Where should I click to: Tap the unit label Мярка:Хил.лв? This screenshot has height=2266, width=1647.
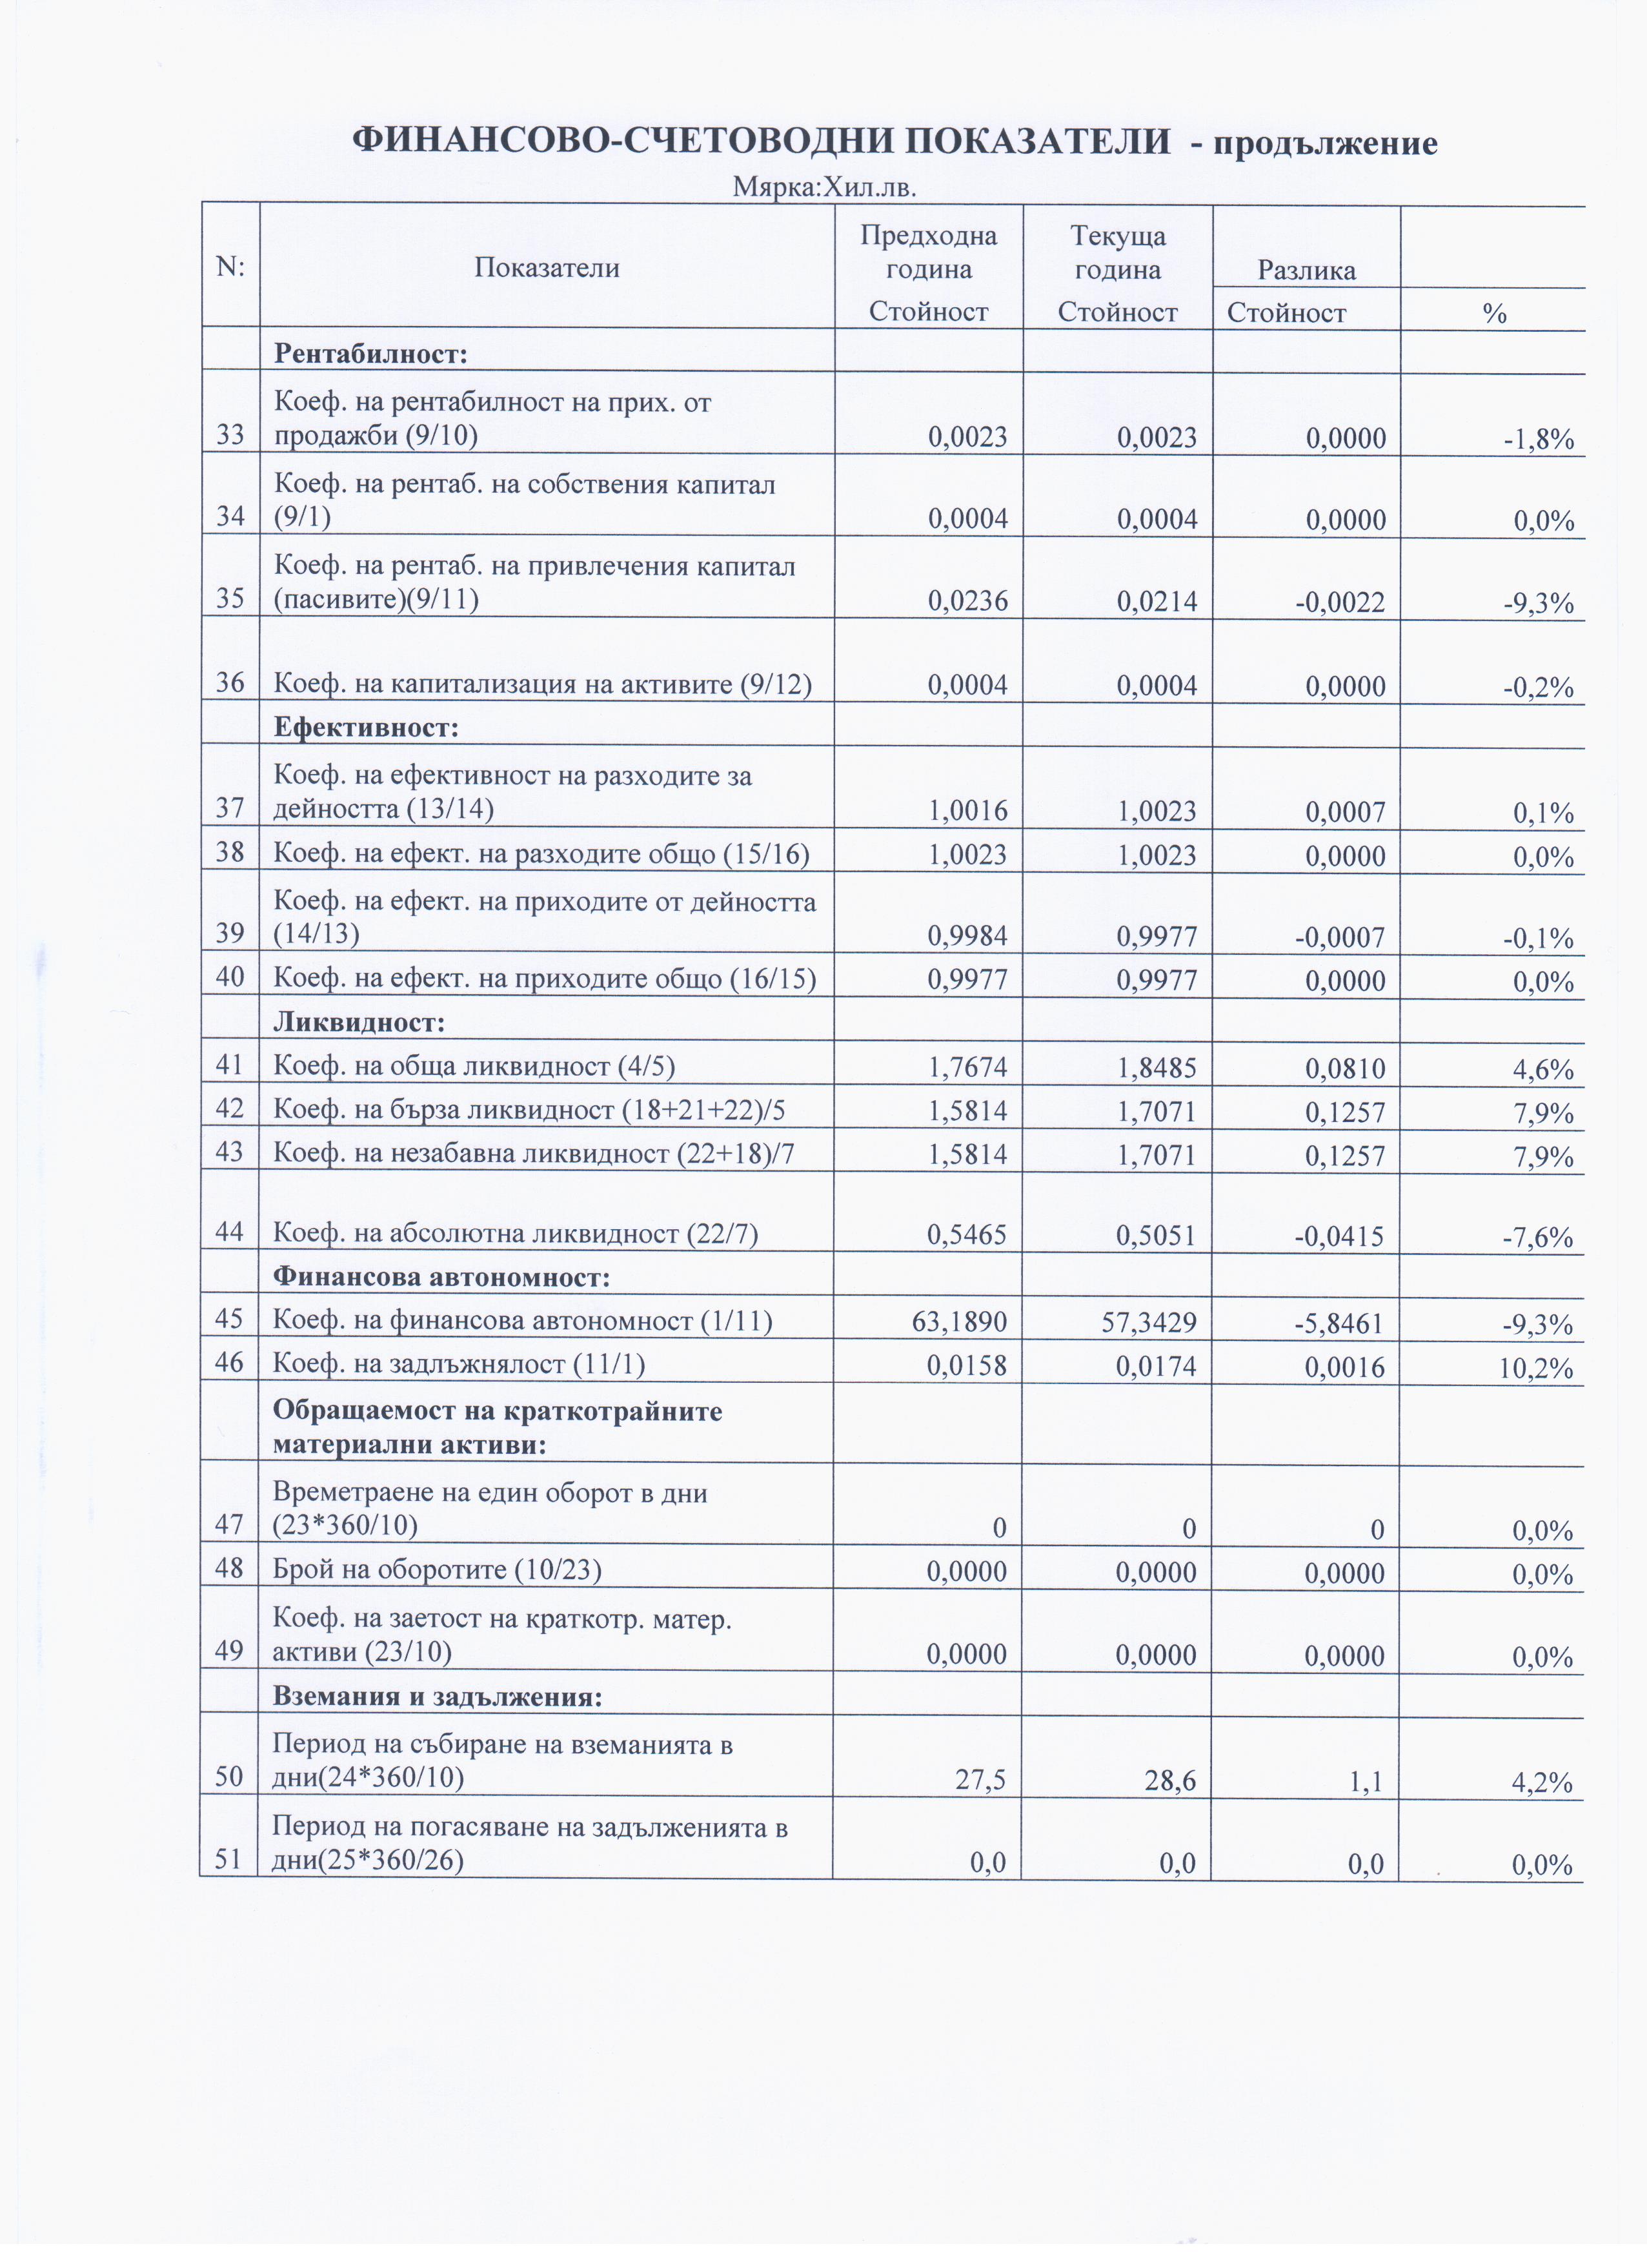824,187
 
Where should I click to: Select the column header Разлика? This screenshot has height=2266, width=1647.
1306,270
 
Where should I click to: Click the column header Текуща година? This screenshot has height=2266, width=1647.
1118,253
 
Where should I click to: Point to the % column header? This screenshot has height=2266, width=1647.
1493,314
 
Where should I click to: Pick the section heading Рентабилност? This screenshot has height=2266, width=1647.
370,354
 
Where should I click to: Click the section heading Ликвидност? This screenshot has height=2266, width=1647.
359,1022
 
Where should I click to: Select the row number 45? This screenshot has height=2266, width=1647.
230,1320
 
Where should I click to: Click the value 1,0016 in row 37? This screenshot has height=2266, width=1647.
967,810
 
